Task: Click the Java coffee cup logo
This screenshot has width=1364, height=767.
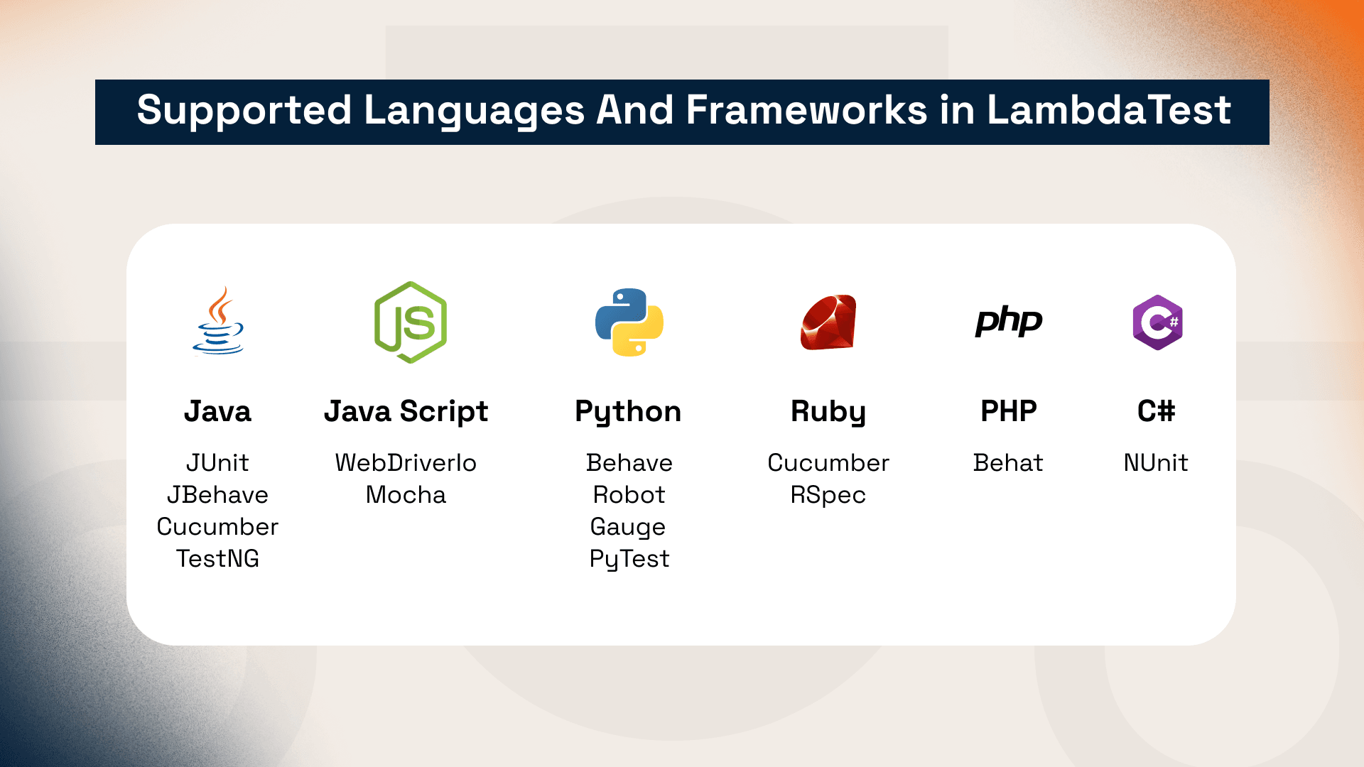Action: (x=218, y=321)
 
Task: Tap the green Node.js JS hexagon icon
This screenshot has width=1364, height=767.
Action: (x=411, y=322)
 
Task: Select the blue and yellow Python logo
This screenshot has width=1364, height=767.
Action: (x=629, y=322)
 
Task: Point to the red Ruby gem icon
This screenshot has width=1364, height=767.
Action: (x=828, y=322)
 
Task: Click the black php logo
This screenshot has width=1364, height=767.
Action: (x=1009, y=322)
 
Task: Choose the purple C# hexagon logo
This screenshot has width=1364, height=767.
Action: (x=1157, y=322)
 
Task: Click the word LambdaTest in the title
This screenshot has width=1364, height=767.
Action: (x=1108, y=111)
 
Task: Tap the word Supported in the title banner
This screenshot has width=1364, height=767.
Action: (x=244, y=111)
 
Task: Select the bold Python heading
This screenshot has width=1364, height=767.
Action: (x=628, y=411)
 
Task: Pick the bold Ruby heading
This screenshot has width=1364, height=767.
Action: (x=828, y=411)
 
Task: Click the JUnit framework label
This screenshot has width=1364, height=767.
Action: (x=217, y=463)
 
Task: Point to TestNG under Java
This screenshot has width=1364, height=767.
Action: (x=217, y=559)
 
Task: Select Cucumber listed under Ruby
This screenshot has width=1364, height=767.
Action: (x=828, y=463)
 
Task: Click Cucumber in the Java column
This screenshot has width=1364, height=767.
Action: (x=217, y=527)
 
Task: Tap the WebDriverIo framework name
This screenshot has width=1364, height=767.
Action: (x=406, y=463)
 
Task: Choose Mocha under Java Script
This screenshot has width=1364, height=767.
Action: (x=406, y=495)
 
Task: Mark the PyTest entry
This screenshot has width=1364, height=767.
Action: (x=629, y=559)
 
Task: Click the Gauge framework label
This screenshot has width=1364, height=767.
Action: (x=628, y=527)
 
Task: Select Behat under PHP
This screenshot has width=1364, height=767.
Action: (x=1008, y=463)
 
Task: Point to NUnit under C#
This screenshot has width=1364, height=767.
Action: (x=1156, y=463)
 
